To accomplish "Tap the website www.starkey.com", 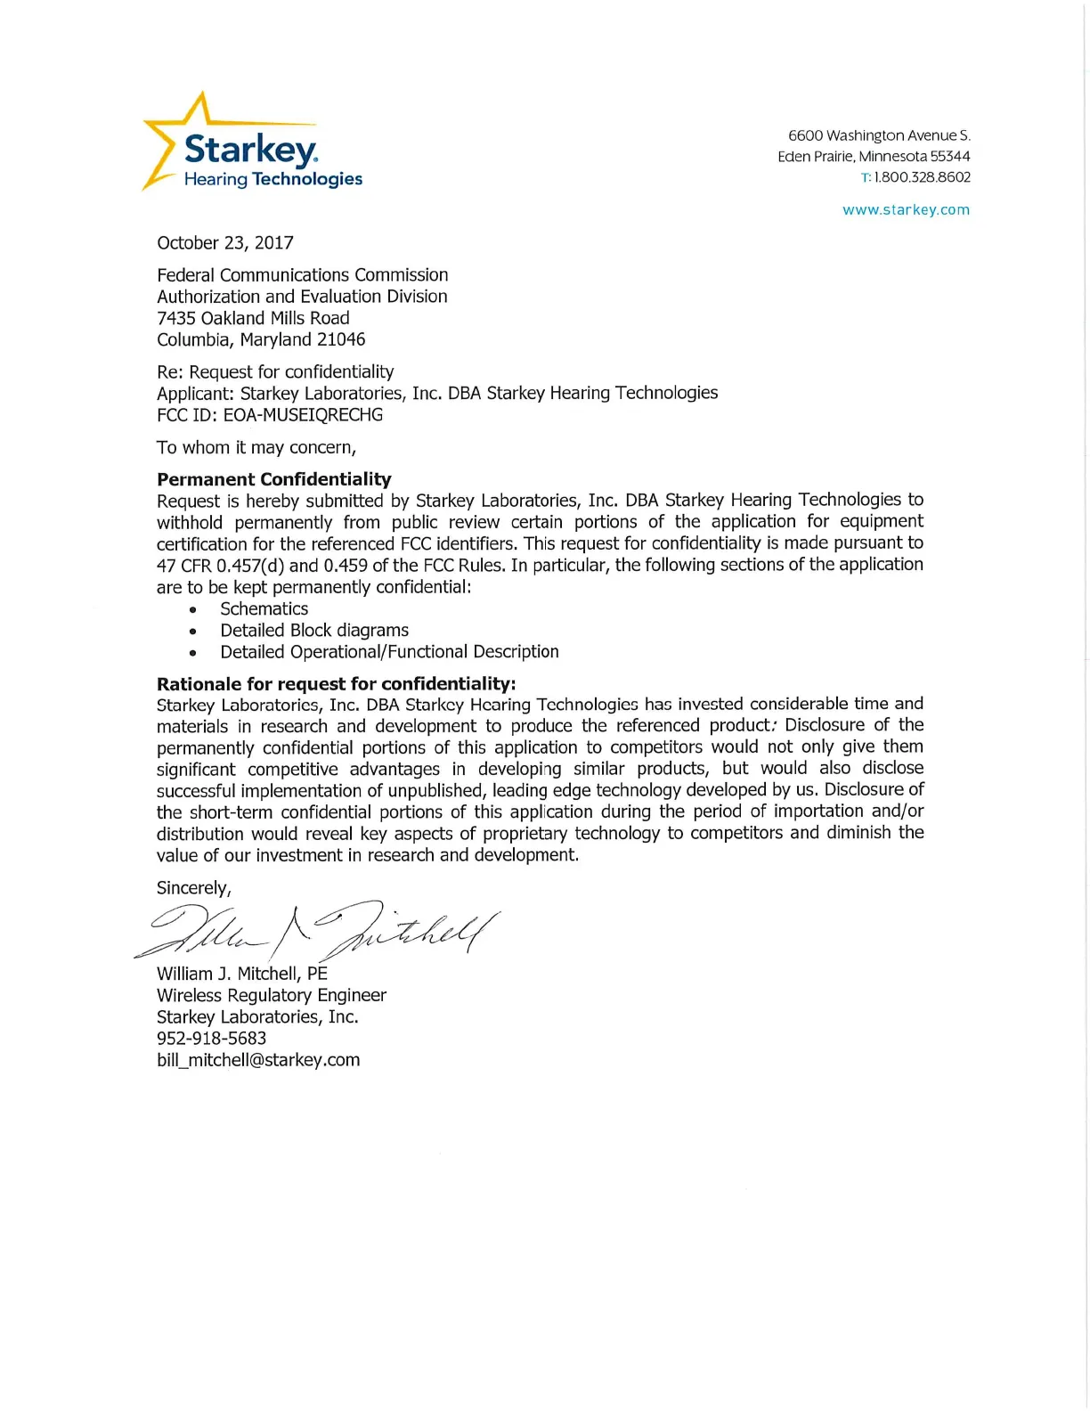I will pos(906,210).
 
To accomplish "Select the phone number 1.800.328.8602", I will pos(922,177).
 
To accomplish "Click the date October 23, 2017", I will pos(225,243).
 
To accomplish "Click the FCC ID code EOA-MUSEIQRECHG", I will pos(303,415).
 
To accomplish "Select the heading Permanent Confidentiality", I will pos(274,479).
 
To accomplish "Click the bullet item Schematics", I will pos(264,609).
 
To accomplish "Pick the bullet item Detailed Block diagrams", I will pos(314,631).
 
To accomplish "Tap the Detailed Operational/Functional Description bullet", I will pos(389,652).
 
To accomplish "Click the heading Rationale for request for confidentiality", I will pos(336,684).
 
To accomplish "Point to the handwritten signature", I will pos(321,931).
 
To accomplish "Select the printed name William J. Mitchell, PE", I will pos(242,974).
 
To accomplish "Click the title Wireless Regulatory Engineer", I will pos(272,996).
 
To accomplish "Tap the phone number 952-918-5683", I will pos(211,1039).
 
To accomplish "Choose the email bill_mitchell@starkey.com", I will pos(258,1060).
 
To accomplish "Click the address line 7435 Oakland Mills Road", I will pos(253,318).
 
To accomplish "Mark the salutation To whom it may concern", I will pos(256,447).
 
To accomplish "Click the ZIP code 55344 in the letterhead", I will pos(950,157).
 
